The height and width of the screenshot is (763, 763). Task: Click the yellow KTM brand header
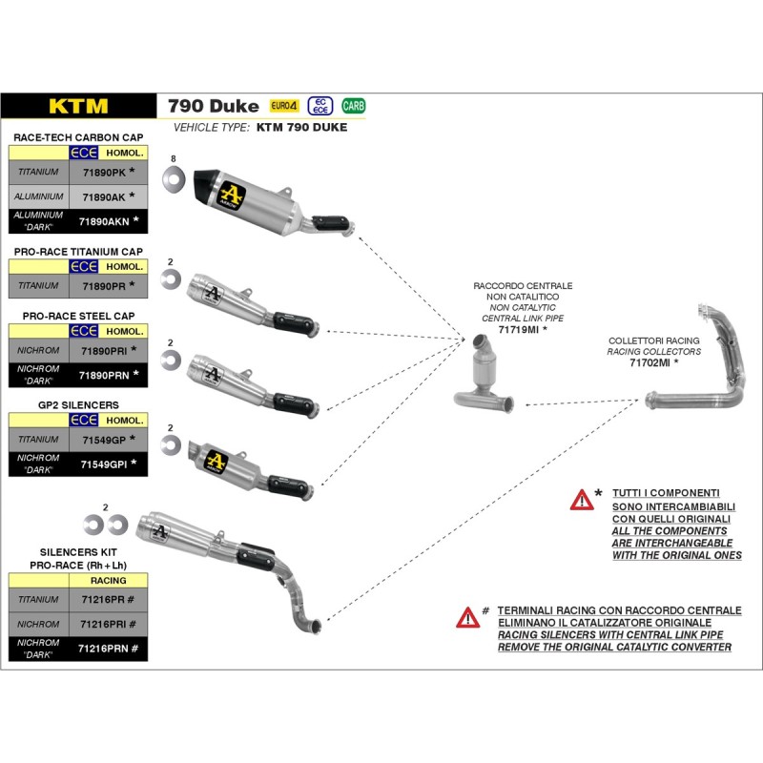pyautogui.click(x=79, y=106)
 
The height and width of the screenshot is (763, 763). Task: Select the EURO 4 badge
pyautogui.click(x=284, y=106)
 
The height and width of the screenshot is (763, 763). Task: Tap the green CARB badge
pyautogui.click(x=353, y=106)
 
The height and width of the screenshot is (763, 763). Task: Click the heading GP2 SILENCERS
pyautogui.click(x=79, y=404)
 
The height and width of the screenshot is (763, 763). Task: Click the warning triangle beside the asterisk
pyautogui.click(x=582, y=499)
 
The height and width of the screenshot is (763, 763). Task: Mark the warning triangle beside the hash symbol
pyautogui.click(x=467, y=617)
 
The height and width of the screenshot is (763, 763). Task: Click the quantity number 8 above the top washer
pyautogui.click(x=174, y=157)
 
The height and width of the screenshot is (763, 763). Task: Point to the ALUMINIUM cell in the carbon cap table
pyautogui.click(x=38, y=196)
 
